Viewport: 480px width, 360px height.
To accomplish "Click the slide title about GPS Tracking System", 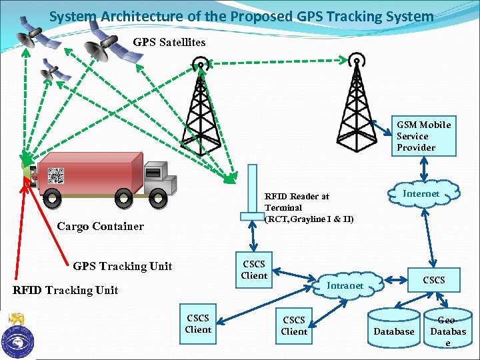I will (x=241, y=16).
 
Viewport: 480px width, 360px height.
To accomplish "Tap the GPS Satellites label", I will (x=169, y=43).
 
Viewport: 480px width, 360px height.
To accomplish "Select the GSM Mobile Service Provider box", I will (x=423, y=136).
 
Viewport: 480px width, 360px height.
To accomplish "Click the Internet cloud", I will (x=421, y=194).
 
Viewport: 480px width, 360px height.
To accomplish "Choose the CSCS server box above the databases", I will (x=434, y=280).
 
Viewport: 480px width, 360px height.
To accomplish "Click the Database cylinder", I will (x=393, y=328).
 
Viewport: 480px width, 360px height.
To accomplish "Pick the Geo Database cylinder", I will (x=447, y=328).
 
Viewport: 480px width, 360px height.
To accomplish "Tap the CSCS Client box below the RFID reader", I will (x=254, y=270).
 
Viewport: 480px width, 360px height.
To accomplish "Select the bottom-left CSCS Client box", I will (x=198, y=324).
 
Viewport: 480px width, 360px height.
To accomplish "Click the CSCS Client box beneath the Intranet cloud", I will (x=294, y=326).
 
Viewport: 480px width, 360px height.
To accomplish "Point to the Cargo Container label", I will (x=100, y=227).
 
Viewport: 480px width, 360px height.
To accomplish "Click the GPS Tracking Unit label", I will (x=122, y=267).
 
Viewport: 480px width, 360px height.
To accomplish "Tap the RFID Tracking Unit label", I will (x=65, y=290).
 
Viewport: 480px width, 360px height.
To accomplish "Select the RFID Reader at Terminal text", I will (x=309, y=208).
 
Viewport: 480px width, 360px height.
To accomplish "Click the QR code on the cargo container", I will (x=55, y=176).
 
